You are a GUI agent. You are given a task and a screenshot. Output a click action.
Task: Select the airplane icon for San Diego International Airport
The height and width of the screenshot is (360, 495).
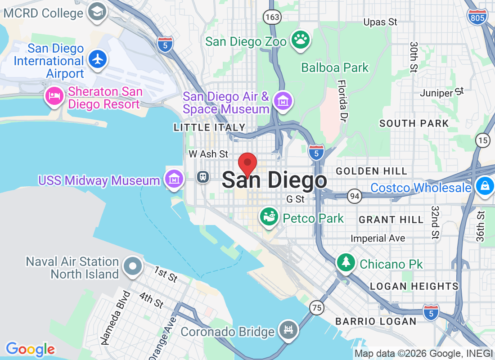tap(97, 59)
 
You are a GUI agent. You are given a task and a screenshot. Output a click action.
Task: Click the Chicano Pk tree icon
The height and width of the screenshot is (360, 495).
tap(346, 262)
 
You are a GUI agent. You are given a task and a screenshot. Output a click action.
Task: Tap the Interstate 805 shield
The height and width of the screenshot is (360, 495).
tap(477, 18)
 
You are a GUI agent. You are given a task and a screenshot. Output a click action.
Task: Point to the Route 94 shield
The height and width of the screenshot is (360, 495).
tap(355, 196)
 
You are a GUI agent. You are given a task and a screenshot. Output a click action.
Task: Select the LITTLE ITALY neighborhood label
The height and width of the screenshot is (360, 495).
tap(210, 128)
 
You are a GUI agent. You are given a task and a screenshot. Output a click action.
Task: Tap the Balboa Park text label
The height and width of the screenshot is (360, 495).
tap(335, 68)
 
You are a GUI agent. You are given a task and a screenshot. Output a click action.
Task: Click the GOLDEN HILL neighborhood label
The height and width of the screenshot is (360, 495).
tap(371, 171)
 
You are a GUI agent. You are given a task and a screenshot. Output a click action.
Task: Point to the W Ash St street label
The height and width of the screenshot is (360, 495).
tap(208, 154)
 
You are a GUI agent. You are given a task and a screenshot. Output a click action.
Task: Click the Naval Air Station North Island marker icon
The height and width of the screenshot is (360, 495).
tap(133, 266)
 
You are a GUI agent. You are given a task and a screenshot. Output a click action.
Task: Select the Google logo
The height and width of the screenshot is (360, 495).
tap(31, 349)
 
